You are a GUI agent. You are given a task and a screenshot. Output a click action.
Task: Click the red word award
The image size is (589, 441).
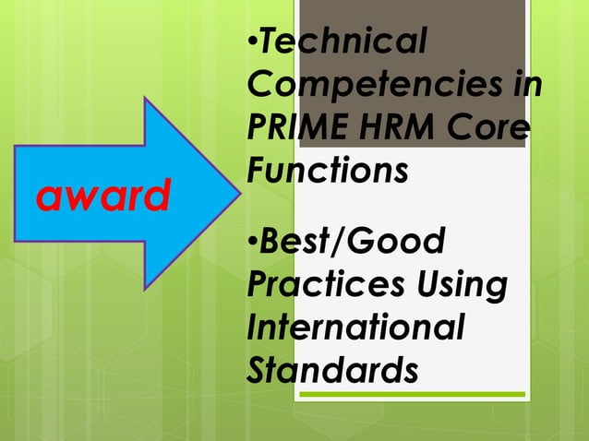[x=102, y=196]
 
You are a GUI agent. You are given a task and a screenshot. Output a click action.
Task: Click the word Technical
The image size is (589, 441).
[x=343, y=41]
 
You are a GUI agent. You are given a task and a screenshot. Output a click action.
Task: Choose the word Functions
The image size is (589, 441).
[x=328, y=170]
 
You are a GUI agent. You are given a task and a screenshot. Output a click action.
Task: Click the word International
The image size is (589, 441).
[x=355, y=327]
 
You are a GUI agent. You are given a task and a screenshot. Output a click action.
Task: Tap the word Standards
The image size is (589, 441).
[x=332, y=369]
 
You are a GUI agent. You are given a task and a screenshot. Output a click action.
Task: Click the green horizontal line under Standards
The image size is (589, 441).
[x=415, y=395]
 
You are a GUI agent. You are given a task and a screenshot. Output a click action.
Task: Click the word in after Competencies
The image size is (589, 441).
[x=525, y=85]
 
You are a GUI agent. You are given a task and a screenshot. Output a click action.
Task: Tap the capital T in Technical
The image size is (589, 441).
[x=265, y=41]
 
